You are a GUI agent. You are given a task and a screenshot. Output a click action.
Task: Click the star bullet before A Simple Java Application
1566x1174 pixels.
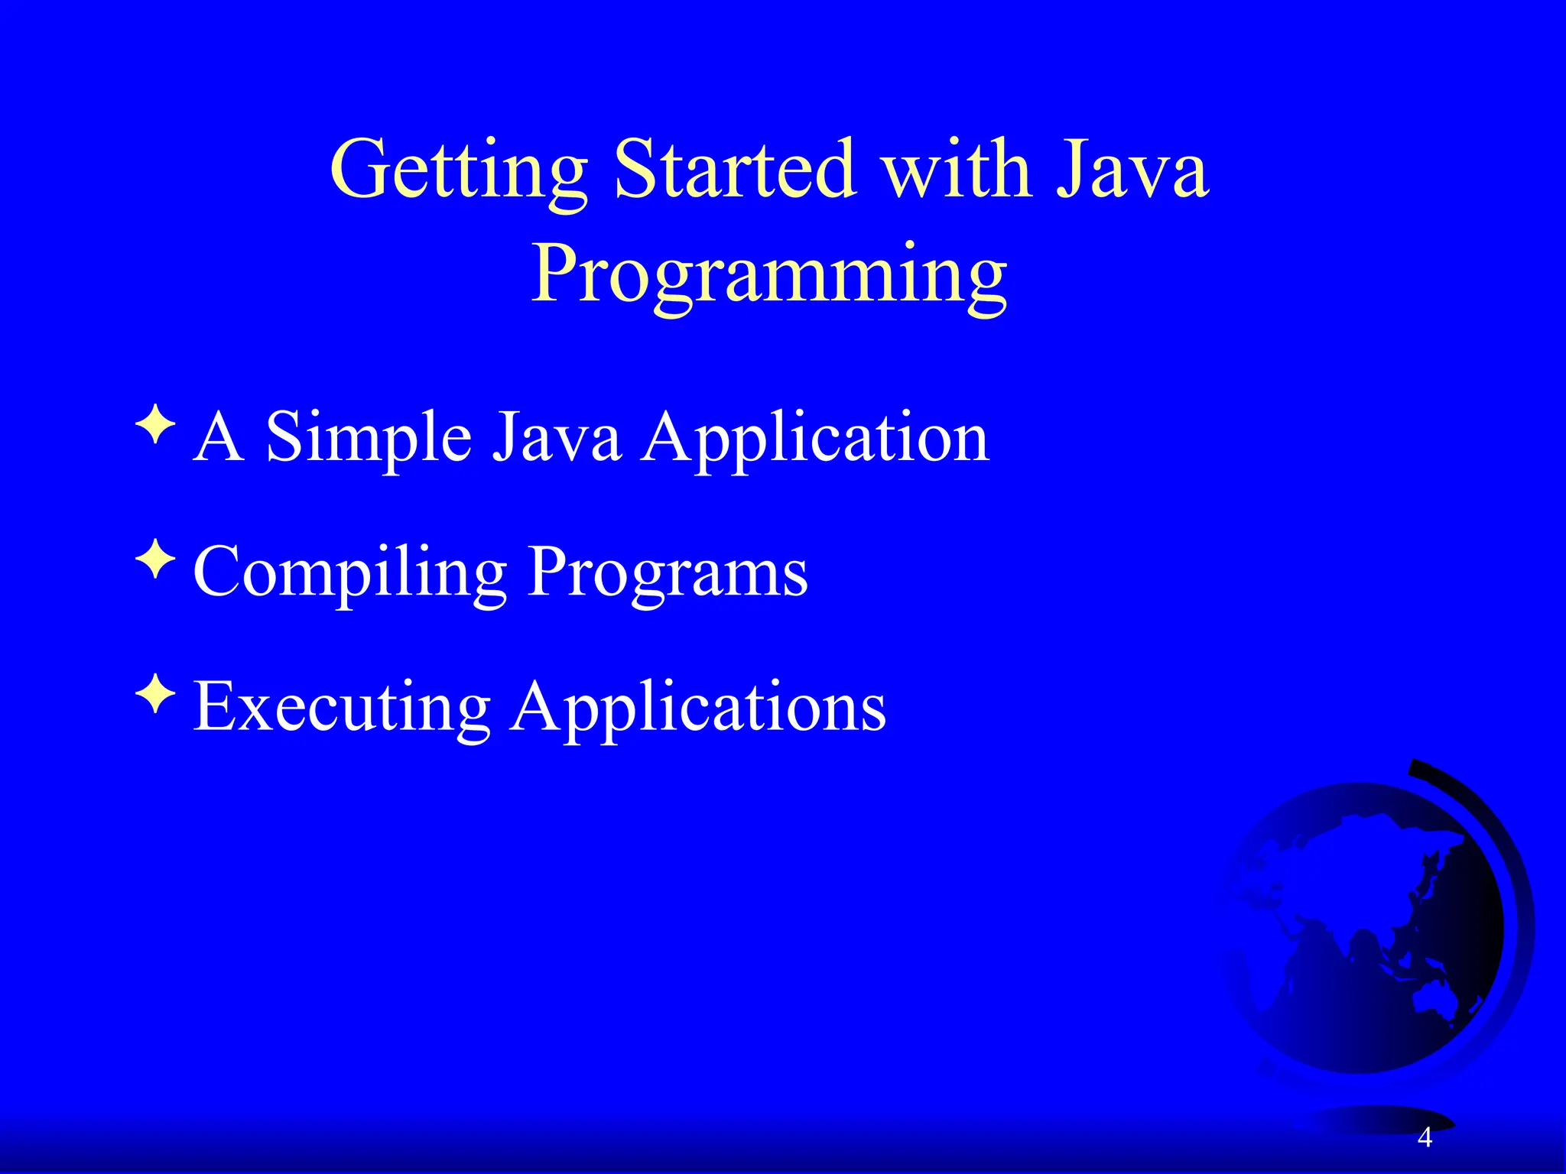[155, 425]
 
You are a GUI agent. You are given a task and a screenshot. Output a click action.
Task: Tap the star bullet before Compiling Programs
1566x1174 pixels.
[155, 559]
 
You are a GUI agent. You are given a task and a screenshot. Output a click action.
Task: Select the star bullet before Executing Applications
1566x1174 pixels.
[155, 694]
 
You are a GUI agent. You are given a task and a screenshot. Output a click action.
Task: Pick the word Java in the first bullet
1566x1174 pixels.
[555, 437]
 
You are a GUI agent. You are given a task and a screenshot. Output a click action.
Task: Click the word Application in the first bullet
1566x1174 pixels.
[815, 437]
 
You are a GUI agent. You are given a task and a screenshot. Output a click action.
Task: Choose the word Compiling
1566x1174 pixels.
[349, 573]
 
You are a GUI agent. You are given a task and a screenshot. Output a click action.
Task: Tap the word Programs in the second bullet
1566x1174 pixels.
[668, 573]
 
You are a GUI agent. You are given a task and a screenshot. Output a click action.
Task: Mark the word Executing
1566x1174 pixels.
[341, 706]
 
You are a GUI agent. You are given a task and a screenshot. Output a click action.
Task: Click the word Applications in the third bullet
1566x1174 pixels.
[698, 706]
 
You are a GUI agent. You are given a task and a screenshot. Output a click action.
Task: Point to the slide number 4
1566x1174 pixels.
[1425, 1138]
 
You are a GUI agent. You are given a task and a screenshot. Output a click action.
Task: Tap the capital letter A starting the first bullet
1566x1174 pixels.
[219, 437]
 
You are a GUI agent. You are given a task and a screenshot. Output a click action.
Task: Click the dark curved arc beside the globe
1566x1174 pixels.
[1510, 879]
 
